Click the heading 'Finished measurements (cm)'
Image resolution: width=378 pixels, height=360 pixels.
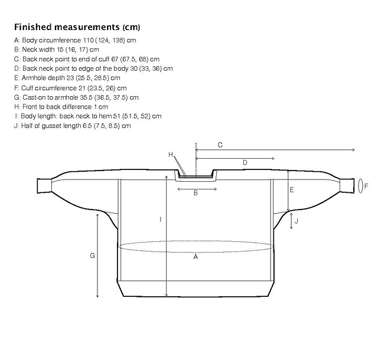click(x=77, y=27)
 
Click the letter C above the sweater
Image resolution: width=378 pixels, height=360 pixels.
click(x=220, y=145)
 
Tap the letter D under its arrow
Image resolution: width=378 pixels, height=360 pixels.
click(x=245, y=163)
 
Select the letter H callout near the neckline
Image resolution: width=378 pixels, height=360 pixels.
click(x=171, y=155)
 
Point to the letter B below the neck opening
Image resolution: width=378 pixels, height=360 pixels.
click(x=195, y=193)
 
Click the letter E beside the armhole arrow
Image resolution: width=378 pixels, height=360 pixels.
click(x=292, y=190)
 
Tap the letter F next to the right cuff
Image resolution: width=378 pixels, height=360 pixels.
click(x=366, y=186)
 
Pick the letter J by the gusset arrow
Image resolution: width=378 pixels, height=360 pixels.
click(x=296, y=221)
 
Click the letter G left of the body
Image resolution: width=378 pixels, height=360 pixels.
click(x=92, y=256)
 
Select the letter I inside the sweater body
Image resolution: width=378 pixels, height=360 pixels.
click(x=161, y=220)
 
